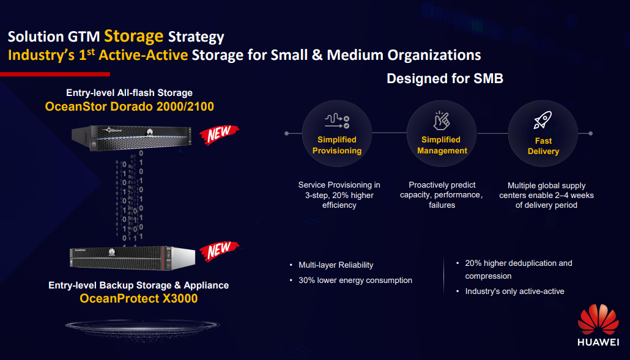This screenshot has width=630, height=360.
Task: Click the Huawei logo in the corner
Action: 598,325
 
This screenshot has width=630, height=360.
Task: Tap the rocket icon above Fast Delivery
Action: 543,120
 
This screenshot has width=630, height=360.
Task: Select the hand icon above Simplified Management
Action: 442,120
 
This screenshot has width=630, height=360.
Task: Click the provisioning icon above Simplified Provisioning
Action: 336,121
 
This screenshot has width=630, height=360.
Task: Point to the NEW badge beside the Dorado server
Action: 219,134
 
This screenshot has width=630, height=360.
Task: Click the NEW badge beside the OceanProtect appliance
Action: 219,251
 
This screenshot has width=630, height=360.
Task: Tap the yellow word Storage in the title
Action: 134,36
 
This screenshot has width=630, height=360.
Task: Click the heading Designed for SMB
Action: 445,78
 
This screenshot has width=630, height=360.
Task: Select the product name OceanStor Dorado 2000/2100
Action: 130,106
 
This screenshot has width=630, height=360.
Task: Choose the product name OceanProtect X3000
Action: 139,298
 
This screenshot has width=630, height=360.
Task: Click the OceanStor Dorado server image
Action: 132,138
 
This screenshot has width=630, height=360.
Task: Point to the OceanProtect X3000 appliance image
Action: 132,258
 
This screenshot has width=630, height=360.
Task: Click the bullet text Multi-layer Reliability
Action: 336,265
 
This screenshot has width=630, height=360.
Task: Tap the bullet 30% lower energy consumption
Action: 355,280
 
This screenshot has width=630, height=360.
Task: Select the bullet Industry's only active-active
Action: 514,291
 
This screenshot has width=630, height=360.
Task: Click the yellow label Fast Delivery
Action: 543,146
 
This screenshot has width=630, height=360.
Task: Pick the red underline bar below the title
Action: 55,74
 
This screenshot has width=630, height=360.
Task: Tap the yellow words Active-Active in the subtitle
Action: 143,55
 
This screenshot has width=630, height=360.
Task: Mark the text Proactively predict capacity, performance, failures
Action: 442,194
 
